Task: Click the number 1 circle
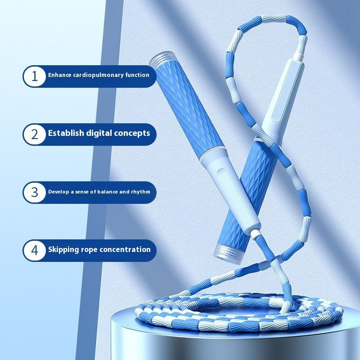(x=35, y=76)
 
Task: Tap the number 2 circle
(x=35, y=134)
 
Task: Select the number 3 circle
(x=35, y=192)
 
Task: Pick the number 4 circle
(x=35, y=250)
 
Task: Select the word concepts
(x=132, y=133)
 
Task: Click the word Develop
(x=58, y=192)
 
